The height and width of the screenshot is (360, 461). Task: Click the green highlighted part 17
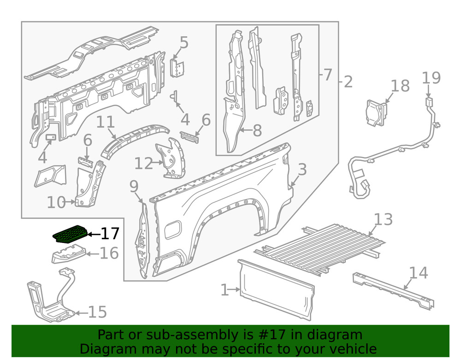[70, 234]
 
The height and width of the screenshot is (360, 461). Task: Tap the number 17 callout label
[109, 234]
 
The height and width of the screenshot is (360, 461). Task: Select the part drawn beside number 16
[68, 254]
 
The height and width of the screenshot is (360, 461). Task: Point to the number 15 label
[97, 313]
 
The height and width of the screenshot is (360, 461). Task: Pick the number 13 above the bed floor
[383, 219]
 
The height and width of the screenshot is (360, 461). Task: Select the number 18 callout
[400, 86]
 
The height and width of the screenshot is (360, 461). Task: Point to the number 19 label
[431, 78]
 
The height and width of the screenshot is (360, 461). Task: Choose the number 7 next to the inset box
[327, 75]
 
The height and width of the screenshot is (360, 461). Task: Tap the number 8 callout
[256, 130]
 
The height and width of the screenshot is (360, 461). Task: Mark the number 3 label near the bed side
[301, 170]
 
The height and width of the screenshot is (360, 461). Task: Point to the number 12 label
[143, 163]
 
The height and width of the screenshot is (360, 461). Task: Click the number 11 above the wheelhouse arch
[106, 123]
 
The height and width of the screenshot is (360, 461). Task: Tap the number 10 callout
[56, 202]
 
